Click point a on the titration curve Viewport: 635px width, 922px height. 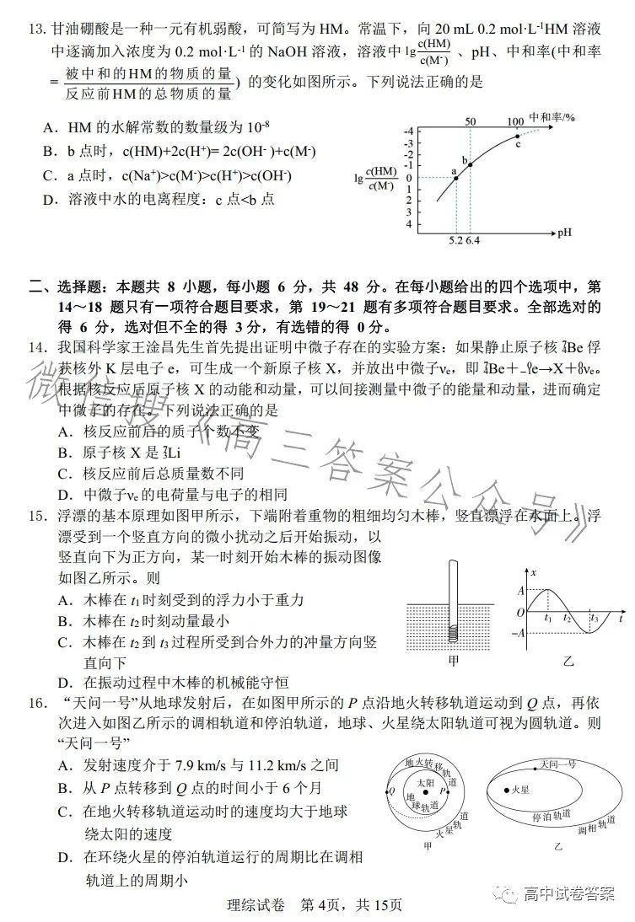(456, 178)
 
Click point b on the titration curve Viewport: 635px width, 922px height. (470, 163)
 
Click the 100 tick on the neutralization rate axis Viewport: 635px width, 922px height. (516, 121)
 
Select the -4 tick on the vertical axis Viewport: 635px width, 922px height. (409, 131)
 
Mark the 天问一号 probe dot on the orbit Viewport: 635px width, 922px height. (536, 766)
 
